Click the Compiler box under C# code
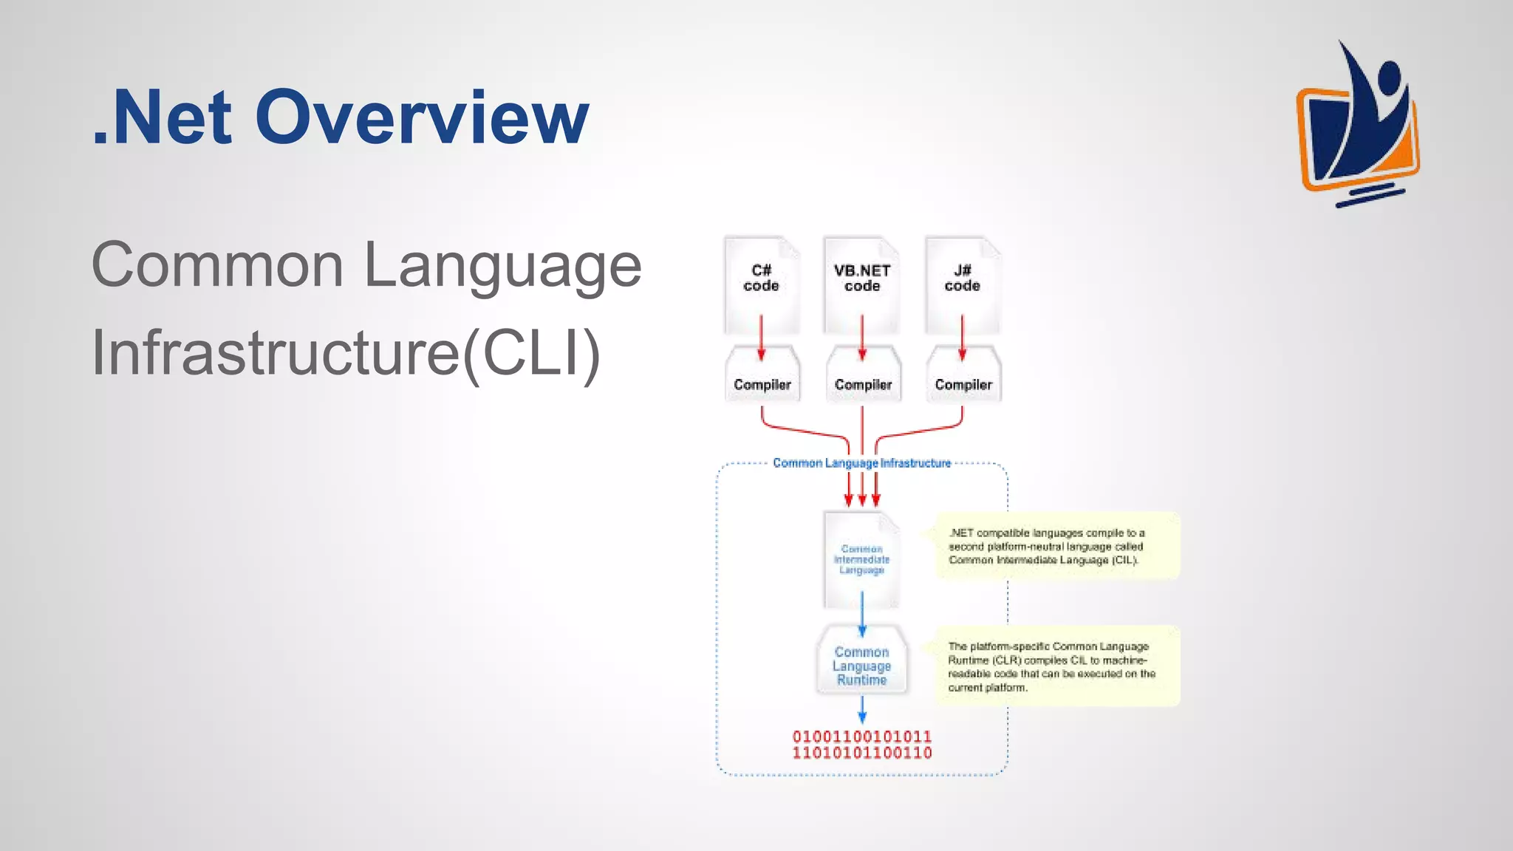pyautogui.click(x=762, y=384)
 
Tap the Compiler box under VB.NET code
pyautogui.click(x=863, y=384)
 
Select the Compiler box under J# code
pyautogui.click(x=963, y=384)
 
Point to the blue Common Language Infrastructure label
pyautogui.click(x=861, y=463)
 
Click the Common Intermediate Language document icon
pyautogui.click(x=861, y=560)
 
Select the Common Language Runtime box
pyautogui.click(x=861, y=666)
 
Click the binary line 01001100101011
pyautogui.click(x=861, y=736)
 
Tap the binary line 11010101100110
pyautogui.click(x=861, y=753)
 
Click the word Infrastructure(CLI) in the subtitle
pyautogui.click(x=346, y=353)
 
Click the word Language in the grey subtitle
pyautogui.click(x=502, y=266)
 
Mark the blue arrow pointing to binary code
pyautogui.click(x=861, y=711)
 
